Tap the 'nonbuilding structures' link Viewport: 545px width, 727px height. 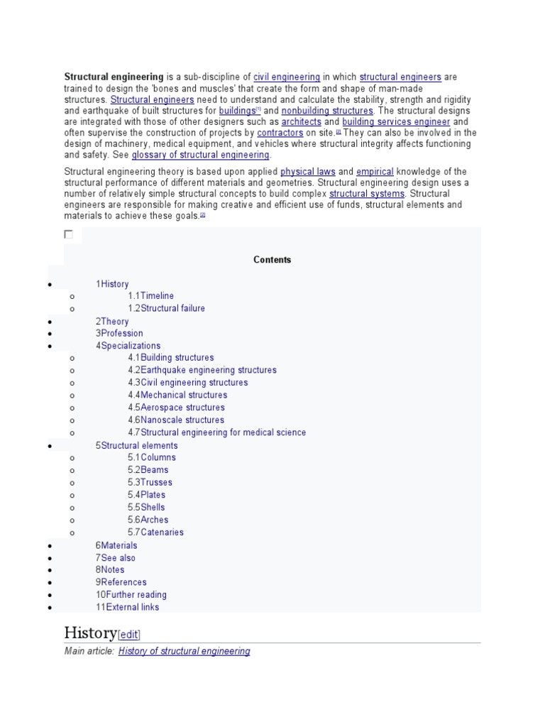[x=327, y=111]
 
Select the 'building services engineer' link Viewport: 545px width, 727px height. [x=396, y=122]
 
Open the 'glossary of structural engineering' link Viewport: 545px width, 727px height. [x=201, y=155]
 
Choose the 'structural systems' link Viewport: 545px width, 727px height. [x=367, y=194]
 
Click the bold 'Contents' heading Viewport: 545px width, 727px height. [x=272, y=260]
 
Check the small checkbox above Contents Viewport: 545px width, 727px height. [x=68, y=234]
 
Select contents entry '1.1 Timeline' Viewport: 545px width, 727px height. [x=150, y=296]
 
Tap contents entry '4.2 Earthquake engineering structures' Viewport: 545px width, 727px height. [x=202, y=370]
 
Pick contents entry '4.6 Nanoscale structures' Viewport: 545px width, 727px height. [x=176, y=420]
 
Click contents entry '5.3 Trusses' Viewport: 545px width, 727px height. [x=150, y=482]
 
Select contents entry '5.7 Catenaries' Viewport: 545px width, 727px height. [x=155, y=532]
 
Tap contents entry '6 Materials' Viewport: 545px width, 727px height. [x=116, y=545]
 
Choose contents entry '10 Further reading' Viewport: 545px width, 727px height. [x=131, y=595]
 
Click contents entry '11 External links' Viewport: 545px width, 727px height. [x=128, y=607]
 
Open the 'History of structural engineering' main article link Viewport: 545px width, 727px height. [x=184, y=651]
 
